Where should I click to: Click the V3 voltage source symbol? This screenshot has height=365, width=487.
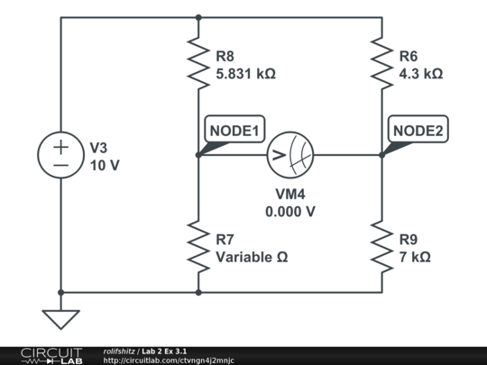pyautogui.click(x=60, y=155)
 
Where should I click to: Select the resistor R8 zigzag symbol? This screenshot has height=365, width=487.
pyautogui.click(x=198, y=62)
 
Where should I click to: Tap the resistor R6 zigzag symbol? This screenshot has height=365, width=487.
pyautogui.click(x=381, y=62)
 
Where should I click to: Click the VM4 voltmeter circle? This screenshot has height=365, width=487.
pyautogui.click(x=289, y=155)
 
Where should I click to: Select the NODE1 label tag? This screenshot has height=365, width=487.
pyautogui.click(x=234, y=131)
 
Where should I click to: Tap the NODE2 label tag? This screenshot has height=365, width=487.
pyautogui.click(x=418, y=131)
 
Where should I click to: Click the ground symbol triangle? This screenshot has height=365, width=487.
pyautogui.click(x=60, y=319)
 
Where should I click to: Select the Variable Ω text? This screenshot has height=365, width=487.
pyautogui.click(x=252, y=257)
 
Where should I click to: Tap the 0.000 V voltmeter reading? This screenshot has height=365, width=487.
pyautogui.click(x=289, y=212)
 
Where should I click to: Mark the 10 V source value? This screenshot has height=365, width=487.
pyautogui.click(x=105, y=166)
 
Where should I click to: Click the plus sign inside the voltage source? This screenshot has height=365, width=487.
pyautogui.click(x=60, y=145)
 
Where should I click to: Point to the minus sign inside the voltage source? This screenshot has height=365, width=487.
pyautogui.click(x=60, y=166)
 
